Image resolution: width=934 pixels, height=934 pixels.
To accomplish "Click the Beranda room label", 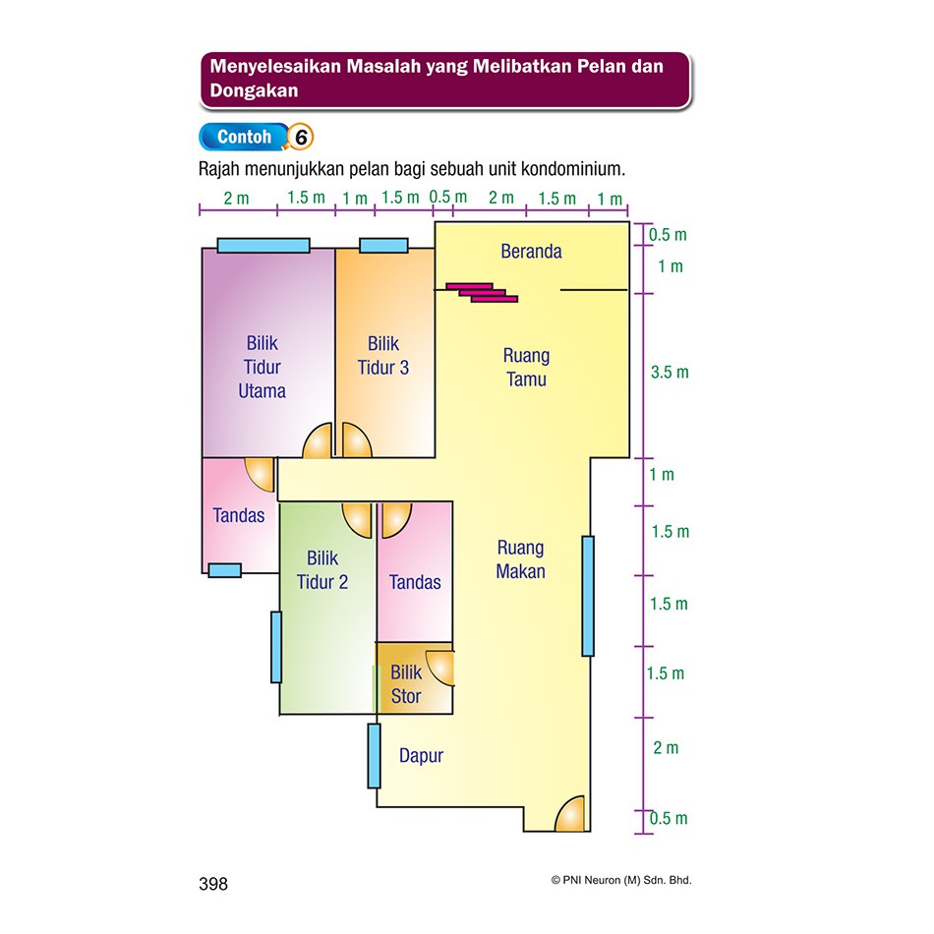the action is coord(531,252).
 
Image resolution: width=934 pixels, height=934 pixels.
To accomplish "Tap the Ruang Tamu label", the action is coord(526,367).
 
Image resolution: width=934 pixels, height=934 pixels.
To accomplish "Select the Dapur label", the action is coord(421,755).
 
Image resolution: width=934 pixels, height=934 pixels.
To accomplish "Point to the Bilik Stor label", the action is coord(406,684).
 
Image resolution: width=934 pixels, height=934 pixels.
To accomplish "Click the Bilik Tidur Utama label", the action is coord(263,367).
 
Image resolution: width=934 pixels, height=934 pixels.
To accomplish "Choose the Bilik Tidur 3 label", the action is coord(383,356).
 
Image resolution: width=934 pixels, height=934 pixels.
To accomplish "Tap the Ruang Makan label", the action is coord(520,559).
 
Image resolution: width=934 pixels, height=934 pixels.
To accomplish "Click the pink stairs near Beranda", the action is coord(482,292).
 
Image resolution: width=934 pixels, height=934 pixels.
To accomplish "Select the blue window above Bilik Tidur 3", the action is coord(383,246).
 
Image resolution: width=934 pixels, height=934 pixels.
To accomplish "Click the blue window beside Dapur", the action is coord(374,756).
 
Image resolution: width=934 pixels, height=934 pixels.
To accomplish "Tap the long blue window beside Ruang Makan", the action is coord(588,596).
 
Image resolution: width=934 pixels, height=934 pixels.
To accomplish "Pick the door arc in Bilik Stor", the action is coord(440,668).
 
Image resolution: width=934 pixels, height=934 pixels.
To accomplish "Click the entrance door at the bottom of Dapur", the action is coord(569,814).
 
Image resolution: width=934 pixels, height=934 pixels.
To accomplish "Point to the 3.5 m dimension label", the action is coord(670,373).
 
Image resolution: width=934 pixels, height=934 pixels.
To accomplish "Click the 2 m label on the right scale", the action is coord(666,747).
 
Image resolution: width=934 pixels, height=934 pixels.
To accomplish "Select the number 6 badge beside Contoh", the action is coord(301,137).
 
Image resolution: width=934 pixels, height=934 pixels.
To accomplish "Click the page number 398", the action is coord(213,884).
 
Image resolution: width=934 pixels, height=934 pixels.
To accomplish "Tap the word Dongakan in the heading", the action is coord(254,90).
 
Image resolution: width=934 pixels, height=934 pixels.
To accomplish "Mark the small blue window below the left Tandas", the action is coord(224,570).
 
